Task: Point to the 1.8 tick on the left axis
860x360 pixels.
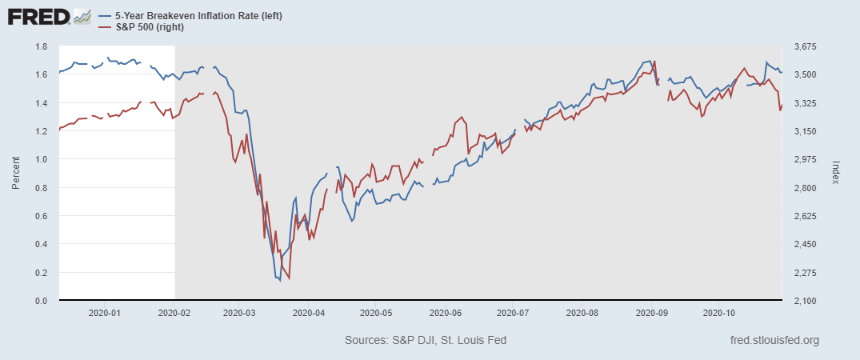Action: click(42, 46)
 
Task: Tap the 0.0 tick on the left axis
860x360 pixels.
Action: click(42, 301)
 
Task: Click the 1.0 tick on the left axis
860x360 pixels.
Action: click(42, 159)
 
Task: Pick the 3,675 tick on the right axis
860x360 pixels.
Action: click(800, 46)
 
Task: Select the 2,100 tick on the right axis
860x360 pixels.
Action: click(800, 301)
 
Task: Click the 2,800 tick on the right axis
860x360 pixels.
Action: click(800, 188)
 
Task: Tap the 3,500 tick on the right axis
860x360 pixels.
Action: click(800, 74)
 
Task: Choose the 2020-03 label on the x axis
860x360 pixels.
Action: click(238, 313)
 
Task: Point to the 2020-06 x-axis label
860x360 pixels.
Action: click(446, 313)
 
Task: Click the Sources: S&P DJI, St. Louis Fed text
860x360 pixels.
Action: click(426, 341)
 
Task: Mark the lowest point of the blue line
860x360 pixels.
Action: click(280, 281)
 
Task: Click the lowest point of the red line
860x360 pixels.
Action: click(289, 278)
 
